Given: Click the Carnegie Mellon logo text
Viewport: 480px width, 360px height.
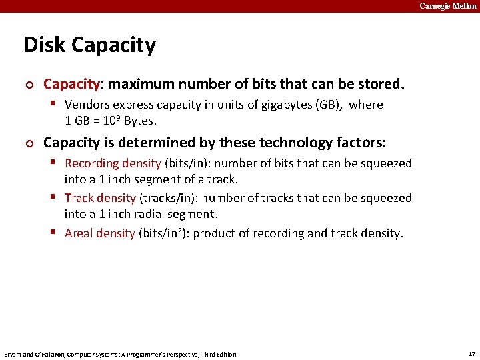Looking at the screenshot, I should click(x=447, y=6).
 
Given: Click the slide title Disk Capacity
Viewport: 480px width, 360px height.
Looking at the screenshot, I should click(x=89, y=45).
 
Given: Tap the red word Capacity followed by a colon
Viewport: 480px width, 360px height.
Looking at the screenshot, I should click(x=73, y=85).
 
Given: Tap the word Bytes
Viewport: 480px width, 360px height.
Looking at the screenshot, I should click(x=139, y=121).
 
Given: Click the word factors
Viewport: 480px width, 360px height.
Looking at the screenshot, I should click(x=359, y=143).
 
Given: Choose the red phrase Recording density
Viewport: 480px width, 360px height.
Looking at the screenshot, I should click(x=113, y=163).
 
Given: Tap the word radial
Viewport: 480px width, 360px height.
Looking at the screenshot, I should click(x=151, y=214).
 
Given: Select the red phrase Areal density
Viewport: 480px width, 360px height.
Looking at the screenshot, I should click(x=100, y=233).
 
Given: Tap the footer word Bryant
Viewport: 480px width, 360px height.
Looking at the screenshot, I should click(x=13, y=354).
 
